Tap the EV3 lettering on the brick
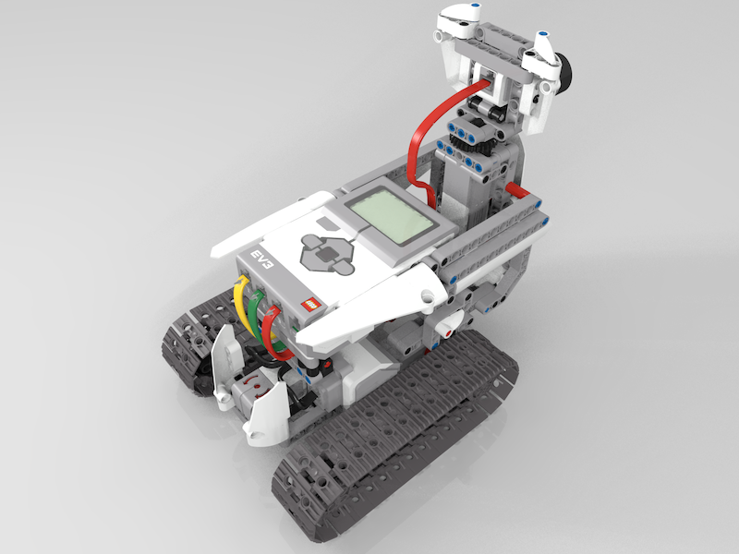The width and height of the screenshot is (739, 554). (262, 259)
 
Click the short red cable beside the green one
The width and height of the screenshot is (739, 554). (273, 333)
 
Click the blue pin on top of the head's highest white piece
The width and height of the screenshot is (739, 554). (475, 7)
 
